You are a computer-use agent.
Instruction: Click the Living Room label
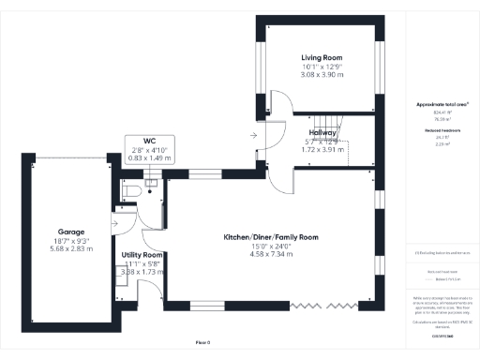[x=322, y=58]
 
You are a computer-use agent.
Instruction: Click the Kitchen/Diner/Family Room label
[x=270, y=237]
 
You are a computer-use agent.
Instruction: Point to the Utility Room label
[x=142, y=255]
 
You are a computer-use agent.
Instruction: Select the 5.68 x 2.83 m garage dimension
[x=71, y=249]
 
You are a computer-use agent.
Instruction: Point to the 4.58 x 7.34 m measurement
[x=270, y=253]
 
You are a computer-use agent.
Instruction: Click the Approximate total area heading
[x=439, y=105]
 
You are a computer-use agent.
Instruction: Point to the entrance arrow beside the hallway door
[x=252, y=137]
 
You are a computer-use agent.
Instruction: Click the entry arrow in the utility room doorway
[x=115, y=223]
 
